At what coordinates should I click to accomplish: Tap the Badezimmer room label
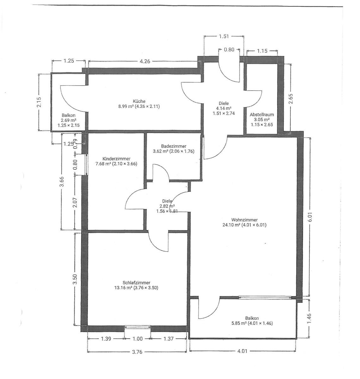pyautogui.click(x=174, y=146)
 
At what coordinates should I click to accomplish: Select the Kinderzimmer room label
pyautogui.click(x=116, y=159)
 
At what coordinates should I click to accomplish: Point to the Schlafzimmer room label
pyautogui.click(x=136, y=283)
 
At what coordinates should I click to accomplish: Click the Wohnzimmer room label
pyautogui.click(x=244, y=220)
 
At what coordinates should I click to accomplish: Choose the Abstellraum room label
pyautogui.click(x=262, y=115)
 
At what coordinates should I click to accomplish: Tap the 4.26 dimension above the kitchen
pyautogui.click(x=144, y=62)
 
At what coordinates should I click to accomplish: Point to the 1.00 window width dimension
pyautogui.click(x=137, y=339)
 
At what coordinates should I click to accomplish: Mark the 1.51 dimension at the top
pyautogui.click(x=223, y=36)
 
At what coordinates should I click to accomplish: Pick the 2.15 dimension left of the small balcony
pyautogui.click(x=39, y=102)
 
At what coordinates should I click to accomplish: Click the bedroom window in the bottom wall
pyautogui.click(x=137, y=328)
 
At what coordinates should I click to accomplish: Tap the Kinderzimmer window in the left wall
pyautogui.click(x=86, y=164)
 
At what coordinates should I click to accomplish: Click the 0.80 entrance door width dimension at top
pyautogui.click(x=229, y=50)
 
